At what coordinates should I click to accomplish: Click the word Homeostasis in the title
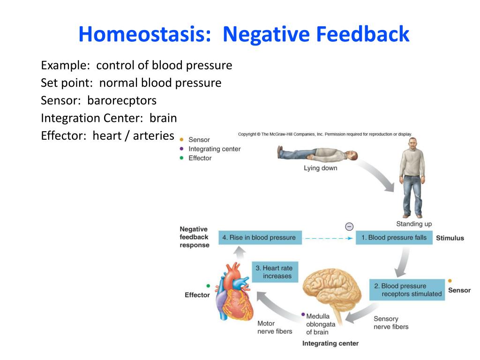point(145,34)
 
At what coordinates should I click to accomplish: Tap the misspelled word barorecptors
point(122,101)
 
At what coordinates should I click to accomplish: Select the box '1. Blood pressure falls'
point(394,238)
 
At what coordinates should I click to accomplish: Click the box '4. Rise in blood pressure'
point(260,238)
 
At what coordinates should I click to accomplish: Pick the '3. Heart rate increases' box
point(275,272)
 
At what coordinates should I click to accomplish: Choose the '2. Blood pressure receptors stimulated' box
point(407,290)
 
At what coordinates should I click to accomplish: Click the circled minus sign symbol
point(349,226)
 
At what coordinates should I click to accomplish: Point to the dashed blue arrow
point(329,238)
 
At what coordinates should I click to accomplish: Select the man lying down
point(317,154)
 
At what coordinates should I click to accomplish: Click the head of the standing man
point(413,144)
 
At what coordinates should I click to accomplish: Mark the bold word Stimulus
point(450,238)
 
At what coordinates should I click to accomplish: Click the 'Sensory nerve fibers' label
point(391,322)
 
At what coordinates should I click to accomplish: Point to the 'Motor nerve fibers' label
point(275,327)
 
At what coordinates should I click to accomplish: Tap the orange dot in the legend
point(181,140)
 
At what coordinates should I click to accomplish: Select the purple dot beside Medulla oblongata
point(303,315)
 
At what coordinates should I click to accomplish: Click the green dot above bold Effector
point(208,286)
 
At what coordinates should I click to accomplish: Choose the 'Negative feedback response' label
point(195,237)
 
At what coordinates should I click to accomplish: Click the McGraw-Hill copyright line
point(325,134)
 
